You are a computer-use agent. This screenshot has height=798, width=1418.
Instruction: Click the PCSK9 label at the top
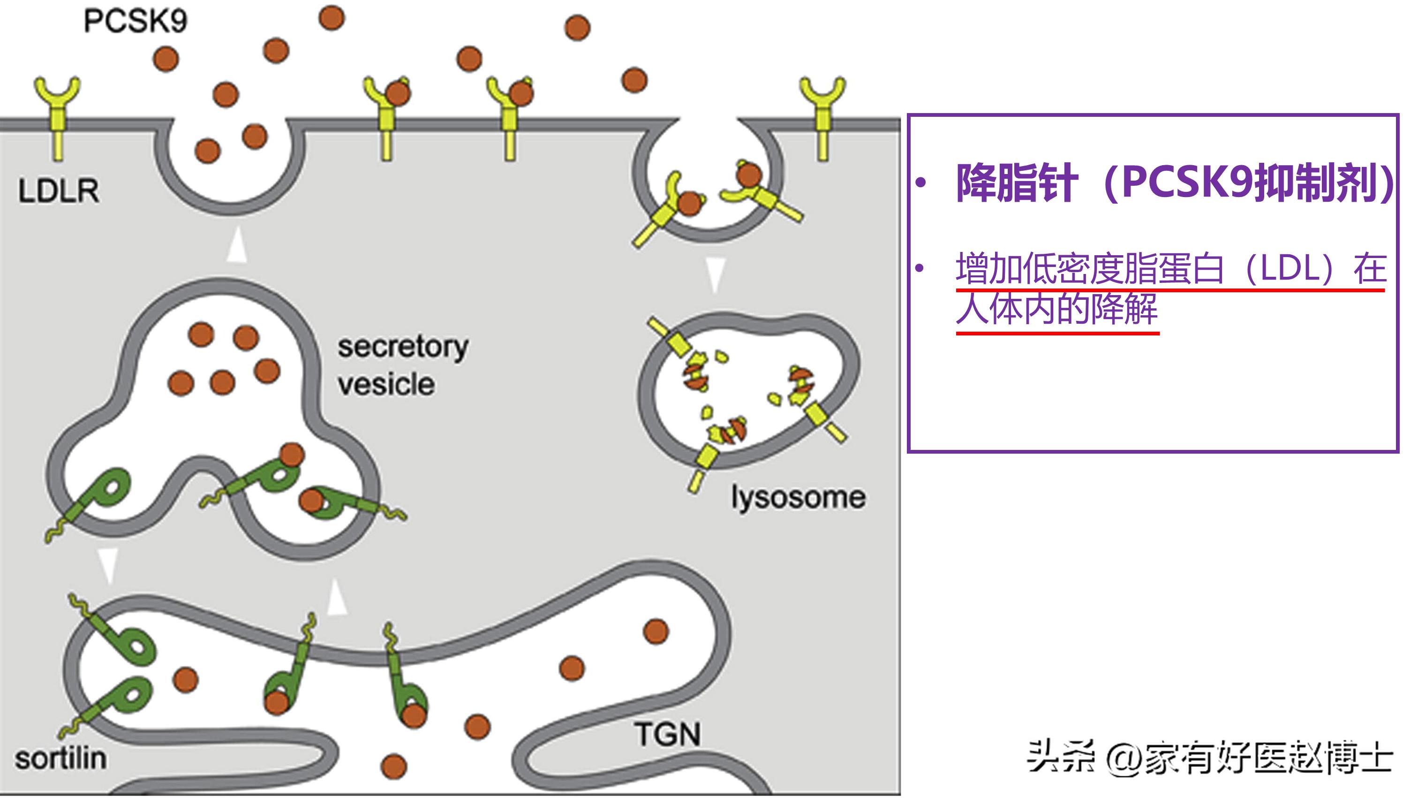click(x=136, y=21)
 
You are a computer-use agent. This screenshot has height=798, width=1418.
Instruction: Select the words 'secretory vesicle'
click(x=402, y=365)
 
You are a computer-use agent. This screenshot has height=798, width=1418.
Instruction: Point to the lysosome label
click(x=798, y=497)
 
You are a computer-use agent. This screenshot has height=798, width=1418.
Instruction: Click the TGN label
click(x=668, y=734)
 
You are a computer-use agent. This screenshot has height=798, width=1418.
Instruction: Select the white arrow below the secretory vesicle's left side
click(x=108, y=564)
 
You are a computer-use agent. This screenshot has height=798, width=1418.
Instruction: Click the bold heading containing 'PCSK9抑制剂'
click(x=1175, y=183)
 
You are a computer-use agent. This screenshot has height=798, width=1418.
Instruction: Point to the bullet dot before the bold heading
click(x=921, y=183)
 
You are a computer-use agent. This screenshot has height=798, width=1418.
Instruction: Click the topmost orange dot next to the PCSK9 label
click(x=332, y=18)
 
